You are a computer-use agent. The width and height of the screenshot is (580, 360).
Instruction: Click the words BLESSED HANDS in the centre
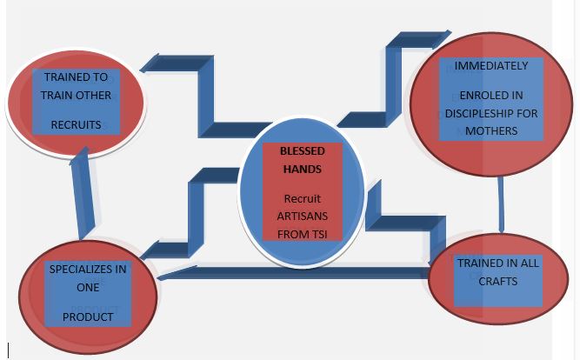[302, 160]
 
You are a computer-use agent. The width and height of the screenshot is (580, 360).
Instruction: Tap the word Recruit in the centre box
[302, 199]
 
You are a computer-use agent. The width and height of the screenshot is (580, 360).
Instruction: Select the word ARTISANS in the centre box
[302, 217]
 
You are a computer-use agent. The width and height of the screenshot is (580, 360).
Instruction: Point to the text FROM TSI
[302, 234]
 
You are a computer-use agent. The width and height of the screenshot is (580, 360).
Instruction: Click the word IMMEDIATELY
[490, 65]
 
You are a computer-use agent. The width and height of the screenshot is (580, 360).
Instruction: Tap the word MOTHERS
[490, 130]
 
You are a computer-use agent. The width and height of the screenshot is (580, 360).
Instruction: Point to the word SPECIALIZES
[87, 269]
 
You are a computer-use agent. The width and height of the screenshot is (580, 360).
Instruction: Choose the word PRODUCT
[87, 317]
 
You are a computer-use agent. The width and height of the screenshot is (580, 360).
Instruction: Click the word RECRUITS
[76, 124]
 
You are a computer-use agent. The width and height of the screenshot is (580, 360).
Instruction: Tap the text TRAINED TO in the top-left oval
[76, 77]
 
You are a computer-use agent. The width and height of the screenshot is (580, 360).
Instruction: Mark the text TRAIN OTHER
[76, 95]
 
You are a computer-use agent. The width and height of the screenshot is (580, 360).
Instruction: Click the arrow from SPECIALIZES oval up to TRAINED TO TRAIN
[80, 196]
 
